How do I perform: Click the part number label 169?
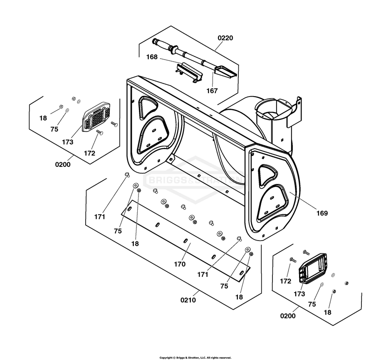point(322,214)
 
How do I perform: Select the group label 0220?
point(225,38)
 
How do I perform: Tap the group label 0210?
point(188,300)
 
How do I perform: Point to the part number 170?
point(180,264)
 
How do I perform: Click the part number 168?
point(152,57)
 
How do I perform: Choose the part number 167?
point(212,91)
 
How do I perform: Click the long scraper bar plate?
point(186,241)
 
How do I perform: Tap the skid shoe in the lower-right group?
point(313,268)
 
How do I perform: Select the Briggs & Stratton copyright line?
point(195,358)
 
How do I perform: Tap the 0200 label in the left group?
point(62,165)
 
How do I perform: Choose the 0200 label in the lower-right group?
point(288,316)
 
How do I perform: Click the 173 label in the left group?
point(67,142)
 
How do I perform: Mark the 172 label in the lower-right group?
point(285,281)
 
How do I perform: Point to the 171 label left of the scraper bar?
point(99,217)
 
